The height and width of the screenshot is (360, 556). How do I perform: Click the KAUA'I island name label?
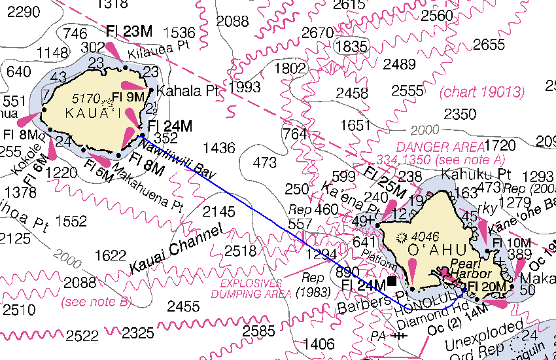(x=92, y=113)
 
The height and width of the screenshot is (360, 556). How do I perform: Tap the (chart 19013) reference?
(x=483, y=92)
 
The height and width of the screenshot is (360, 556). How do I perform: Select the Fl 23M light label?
(x=129, y=31)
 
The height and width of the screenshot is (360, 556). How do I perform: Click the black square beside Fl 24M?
(x=392, y=281)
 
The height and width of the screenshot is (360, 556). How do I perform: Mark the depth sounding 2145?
(x=218, y=211)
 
